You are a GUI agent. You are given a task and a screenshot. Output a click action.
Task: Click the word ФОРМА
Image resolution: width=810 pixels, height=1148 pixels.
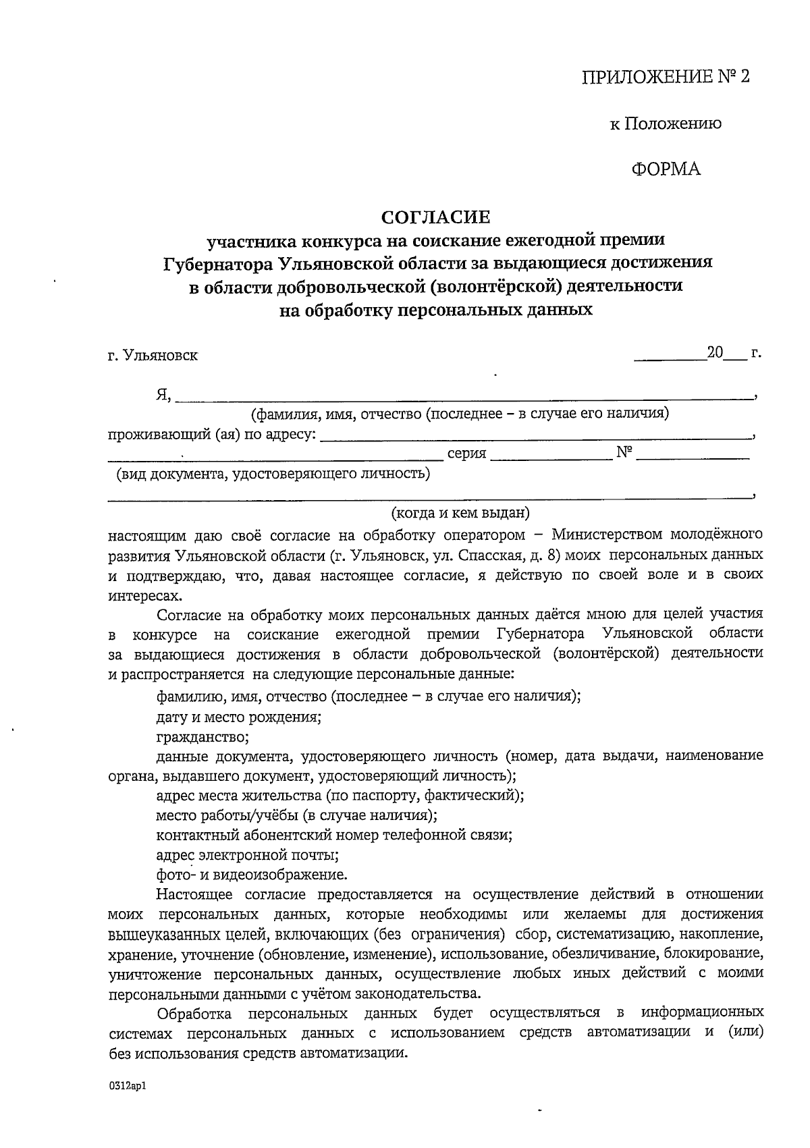[666, 169]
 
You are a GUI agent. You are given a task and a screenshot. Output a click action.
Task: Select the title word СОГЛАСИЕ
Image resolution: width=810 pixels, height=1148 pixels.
[435, 217]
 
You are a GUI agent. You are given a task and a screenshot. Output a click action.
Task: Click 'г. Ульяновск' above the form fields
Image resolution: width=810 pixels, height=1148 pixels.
[153, 355]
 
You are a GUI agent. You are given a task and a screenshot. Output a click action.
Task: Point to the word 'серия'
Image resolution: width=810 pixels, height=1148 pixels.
[467, 454]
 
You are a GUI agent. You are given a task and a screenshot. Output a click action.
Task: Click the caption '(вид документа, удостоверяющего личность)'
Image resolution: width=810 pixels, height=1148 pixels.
[273, 474]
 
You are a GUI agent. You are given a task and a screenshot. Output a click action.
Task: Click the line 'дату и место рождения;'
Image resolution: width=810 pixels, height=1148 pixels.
[238, 716]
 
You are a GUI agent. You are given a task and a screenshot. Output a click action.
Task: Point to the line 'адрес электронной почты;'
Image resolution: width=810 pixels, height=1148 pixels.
[247, 855]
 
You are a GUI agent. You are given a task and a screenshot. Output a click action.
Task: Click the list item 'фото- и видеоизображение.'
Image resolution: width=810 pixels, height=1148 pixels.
[252, 875]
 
